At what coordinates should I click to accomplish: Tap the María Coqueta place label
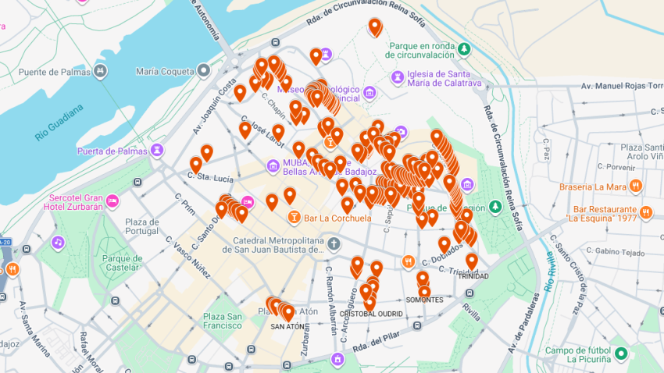coord(164,72)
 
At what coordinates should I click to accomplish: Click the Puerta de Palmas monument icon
coord(158,150)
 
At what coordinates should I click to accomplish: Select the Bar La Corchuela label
coord(337,218)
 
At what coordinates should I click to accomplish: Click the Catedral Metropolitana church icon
coord(334,245)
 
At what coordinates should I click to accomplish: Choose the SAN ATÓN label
coord(287,328)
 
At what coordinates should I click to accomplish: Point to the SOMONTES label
coord(424,300)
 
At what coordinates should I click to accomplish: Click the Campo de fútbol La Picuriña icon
coord(621,353)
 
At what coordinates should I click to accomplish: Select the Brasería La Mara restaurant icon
coord(637,186)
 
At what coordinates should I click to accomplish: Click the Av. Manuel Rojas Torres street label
coord(617,85)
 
